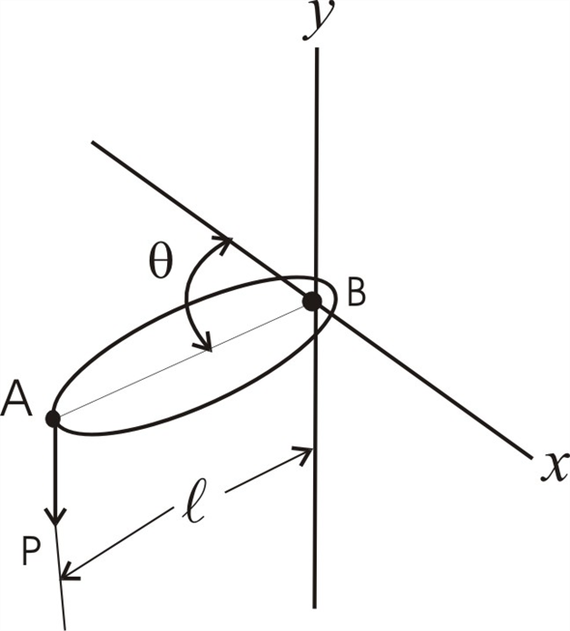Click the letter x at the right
553,469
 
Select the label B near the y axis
356,294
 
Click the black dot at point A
52,418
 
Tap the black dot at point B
311,301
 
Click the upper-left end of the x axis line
94,143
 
